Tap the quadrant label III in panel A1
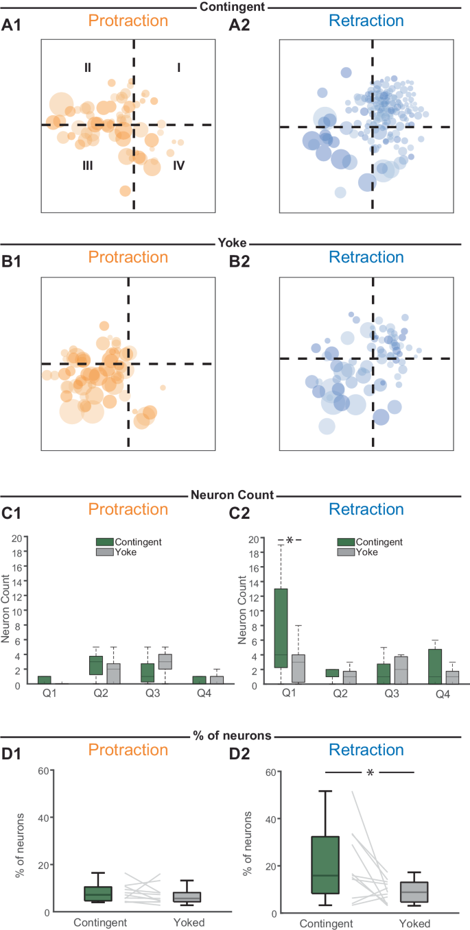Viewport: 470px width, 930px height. point(87,164)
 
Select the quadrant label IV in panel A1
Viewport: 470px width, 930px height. point(178,164)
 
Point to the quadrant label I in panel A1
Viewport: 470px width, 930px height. point(179,67)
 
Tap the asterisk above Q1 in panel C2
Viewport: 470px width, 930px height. point(289,541)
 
